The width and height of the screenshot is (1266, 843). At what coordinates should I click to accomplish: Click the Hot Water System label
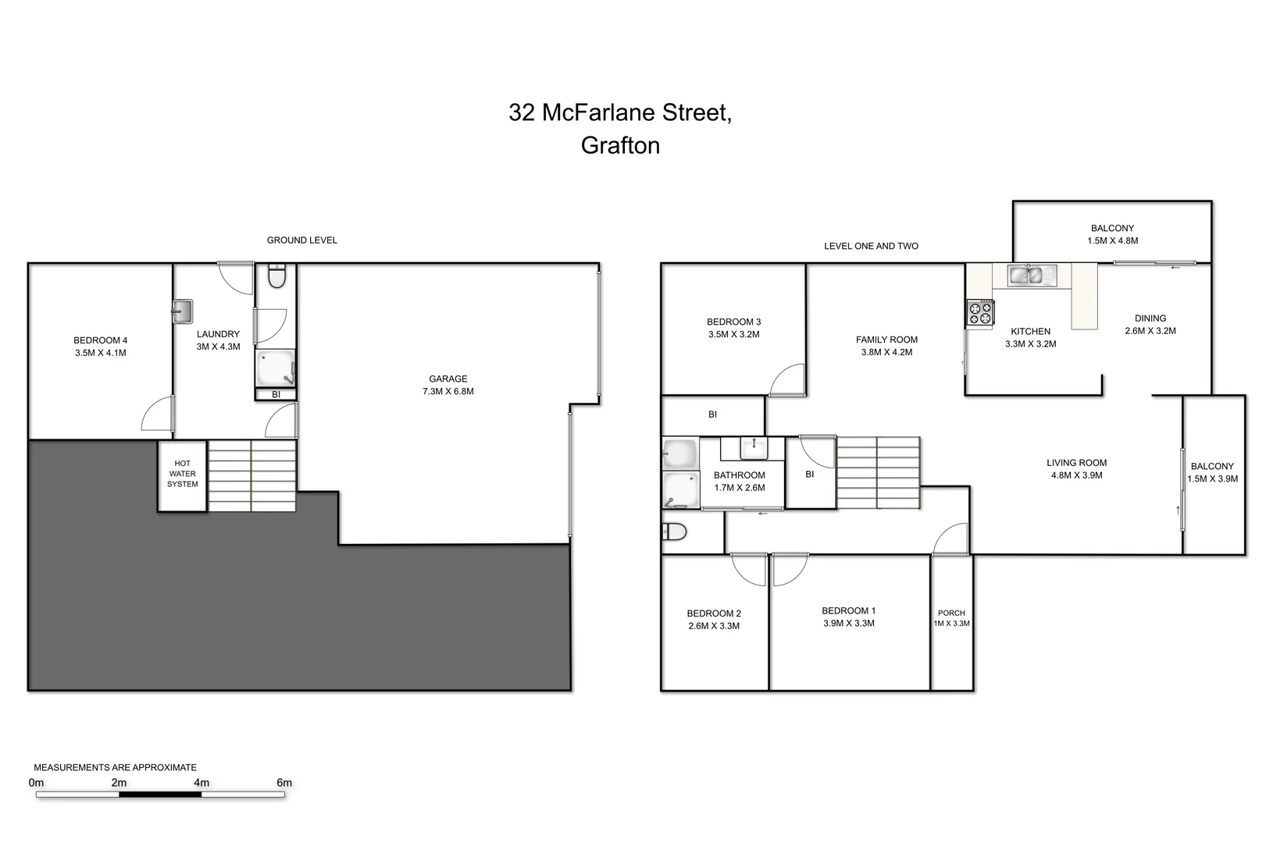click(182, 474)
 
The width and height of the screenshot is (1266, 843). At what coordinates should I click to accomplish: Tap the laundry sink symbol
click(182, 311)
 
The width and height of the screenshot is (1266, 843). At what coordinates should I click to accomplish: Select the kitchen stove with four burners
click(981, 313)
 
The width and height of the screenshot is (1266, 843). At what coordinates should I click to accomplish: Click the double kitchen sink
click(1031, 276)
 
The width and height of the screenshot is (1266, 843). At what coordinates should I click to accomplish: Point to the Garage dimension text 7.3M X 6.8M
click(448, 392)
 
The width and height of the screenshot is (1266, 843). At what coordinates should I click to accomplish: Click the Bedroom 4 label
click(100, 340)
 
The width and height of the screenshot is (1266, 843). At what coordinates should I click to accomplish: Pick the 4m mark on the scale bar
click(201, 783)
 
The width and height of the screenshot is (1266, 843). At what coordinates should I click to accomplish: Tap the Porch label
click(951, 613)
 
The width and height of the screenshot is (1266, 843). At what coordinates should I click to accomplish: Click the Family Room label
click(886, 340)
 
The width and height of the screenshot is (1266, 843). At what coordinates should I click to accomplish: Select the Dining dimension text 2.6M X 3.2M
click(1150, 331)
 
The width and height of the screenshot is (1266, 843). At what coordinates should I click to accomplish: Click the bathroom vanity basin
click(754, 448)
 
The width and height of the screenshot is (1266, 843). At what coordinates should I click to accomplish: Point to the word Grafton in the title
click(620, 146)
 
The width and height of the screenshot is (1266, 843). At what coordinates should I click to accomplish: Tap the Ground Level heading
click(302, 240)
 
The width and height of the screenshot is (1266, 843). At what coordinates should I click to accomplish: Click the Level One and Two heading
click(871, 246)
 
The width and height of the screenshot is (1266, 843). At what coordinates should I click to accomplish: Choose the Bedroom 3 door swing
click(788, 382)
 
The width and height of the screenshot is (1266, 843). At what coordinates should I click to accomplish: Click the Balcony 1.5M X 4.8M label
click(1112, 234)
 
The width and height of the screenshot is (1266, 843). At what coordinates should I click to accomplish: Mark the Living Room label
click(1076, 463)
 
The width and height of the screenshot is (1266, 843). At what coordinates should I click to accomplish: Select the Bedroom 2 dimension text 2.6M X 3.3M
click(714, 626)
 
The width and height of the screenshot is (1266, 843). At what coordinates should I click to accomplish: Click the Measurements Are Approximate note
click(115, 767)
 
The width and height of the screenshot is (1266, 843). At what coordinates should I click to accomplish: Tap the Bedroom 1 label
click(848, 610)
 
